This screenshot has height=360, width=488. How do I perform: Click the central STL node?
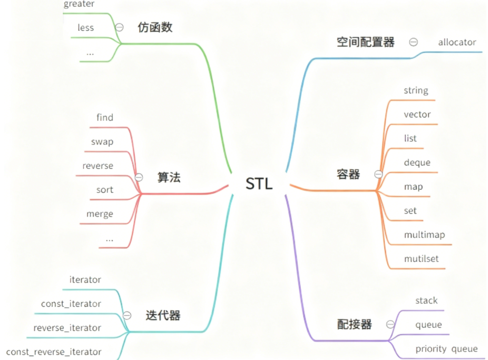pos(259,184)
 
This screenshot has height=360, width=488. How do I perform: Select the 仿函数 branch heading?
pos(155,27)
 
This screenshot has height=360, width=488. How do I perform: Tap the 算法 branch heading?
pos(169,177)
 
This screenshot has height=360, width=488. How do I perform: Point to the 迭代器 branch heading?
pos(163,315)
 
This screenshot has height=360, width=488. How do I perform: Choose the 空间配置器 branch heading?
pos(365,42)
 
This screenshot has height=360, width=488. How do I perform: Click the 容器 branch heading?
pos(348,174)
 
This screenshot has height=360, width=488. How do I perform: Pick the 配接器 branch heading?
pos(354,324)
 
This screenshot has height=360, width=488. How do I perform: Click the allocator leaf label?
pos(457,42)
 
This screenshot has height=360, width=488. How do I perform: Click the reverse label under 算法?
pos(98,166)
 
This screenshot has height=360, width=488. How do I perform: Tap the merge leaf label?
pos(100,214)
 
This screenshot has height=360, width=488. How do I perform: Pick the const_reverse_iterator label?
pos(54,352)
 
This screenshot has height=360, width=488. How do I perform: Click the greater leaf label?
pos(79,5)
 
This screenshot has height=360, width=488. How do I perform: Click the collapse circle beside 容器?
pos(378,174)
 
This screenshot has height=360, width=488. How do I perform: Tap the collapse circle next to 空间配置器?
pos(413,42)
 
